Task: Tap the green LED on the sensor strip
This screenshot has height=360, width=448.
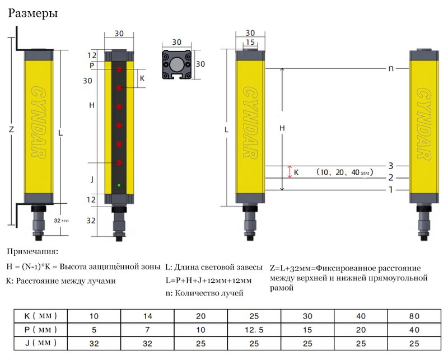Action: click(x=119, y=185)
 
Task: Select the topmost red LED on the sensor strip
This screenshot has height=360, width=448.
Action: click(x=119, y=69)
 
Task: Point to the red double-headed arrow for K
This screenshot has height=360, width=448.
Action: click(x=290, y=172)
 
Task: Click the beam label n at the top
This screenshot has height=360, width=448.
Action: click(x=391, y=68)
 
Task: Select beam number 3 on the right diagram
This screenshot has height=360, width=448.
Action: click(x=391, y=166)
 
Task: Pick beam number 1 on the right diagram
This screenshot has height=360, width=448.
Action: click(x=391, y=190)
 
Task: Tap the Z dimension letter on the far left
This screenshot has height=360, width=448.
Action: click(x=11, y=130)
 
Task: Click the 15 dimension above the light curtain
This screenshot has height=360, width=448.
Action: click(x=250, y=43)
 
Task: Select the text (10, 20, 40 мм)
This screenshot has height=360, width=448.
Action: click(x=343, y=172)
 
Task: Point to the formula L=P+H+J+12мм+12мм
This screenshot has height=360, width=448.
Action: click(x=208, y=280)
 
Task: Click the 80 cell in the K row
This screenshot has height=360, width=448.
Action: click(x=415, y=315)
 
